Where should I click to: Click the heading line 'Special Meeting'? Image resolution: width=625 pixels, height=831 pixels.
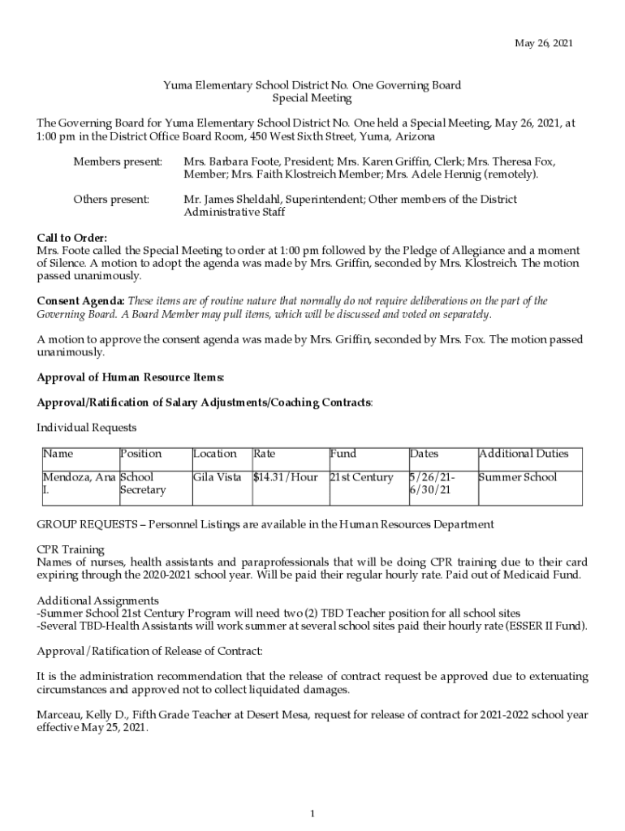[x=312, y=98]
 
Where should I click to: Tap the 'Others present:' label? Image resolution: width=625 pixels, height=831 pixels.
[x=111, y=199]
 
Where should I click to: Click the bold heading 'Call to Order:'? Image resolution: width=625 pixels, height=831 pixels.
[x=72, y=238]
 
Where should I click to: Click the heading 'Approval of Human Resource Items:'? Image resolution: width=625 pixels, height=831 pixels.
[x=131, y=377]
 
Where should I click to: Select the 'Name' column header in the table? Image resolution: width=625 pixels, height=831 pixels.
[x=58, y=454]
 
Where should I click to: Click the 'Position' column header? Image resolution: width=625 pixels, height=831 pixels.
[x=140, y=454]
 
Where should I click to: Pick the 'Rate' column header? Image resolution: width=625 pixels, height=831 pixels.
[x=264, y=454]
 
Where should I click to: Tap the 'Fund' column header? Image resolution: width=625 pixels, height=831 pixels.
[x=343, y=454]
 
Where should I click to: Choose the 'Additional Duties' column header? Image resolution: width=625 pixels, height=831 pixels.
[x=524, y=454]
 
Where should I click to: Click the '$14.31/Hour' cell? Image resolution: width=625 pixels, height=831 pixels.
[x=286, y=477]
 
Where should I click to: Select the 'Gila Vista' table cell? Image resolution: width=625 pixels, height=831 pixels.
[x=217, y=477]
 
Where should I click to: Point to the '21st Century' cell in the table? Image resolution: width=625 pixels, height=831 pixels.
[x=361, y=477]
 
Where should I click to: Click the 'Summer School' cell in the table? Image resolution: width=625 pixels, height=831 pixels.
[x=518, y=477]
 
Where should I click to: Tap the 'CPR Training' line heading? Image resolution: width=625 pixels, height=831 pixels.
[x=71, y=549]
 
